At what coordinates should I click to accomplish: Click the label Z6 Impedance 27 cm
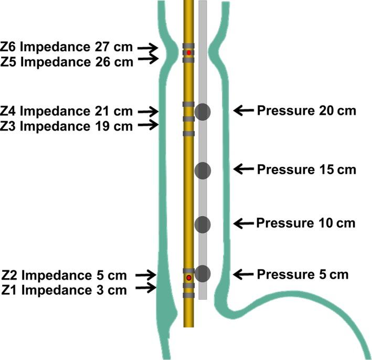pyautogui.click(x=67, y=48)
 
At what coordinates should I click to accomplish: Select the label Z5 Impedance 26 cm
pyautogui.click(x=67, y=61)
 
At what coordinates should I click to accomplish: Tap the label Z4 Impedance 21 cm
pyautogui.click(x=67, y=111)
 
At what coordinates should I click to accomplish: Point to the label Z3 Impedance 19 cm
pyautogui.click(x=67, y=125)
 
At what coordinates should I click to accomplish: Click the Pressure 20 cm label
pyautogui.click(x=306, y=111)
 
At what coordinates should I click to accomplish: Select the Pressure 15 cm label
pyautogui.click(x=306, y=170)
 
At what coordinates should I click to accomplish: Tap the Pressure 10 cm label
pyautogui.click(x=306, y=224)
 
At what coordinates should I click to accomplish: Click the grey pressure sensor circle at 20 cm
pyautogui.click(x=203, y=111)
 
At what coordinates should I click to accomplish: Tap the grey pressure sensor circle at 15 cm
pyautogui.click(x=203, y=170)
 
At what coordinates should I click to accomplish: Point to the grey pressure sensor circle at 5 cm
pyautogui.click(x=203, y=273)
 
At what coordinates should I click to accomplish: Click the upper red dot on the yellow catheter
pyautogui.click(x=189, y=53)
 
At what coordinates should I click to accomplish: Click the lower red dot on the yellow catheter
pyautogui.click(x=189, y=277)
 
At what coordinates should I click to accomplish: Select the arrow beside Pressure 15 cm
pyautogui.click(x=243, y=169)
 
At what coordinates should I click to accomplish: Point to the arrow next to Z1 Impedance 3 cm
pyautogui.click(x=147, y=288)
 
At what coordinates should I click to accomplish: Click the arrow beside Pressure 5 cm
pyautogui.click(x=243, y=274)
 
